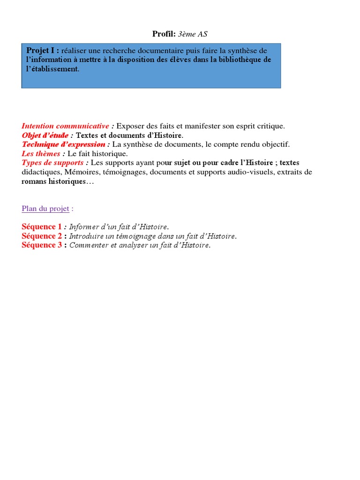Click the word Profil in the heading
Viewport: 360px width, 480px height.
pos(163,33)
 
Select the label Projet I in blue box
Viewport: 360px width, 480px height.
pos(42,51)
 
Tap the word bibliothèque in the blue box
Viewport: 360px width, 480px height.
pos(242,60)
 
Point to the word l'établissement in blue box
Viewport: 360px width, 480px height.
pos(52,69)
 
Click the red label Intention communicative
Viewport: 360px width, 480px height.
pos(65,126)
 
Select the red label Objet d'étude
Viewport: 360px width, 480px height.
pos(45,135)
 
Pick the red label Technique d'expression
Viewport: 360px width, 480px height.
pos(63,144)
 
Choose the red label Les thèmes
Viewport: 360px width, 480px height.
pos(41,153)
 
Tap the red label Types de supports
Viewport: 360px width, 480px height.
pos(52,163)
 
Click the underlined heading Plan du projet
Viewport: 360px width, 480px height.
pos(45,209)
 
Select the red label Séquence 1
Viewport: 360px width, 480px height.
pos(42,227)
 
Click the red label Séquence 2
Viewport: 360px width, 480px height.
pos(42,236)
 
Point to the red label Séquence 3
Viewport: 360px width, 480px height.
pos(42,245)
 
